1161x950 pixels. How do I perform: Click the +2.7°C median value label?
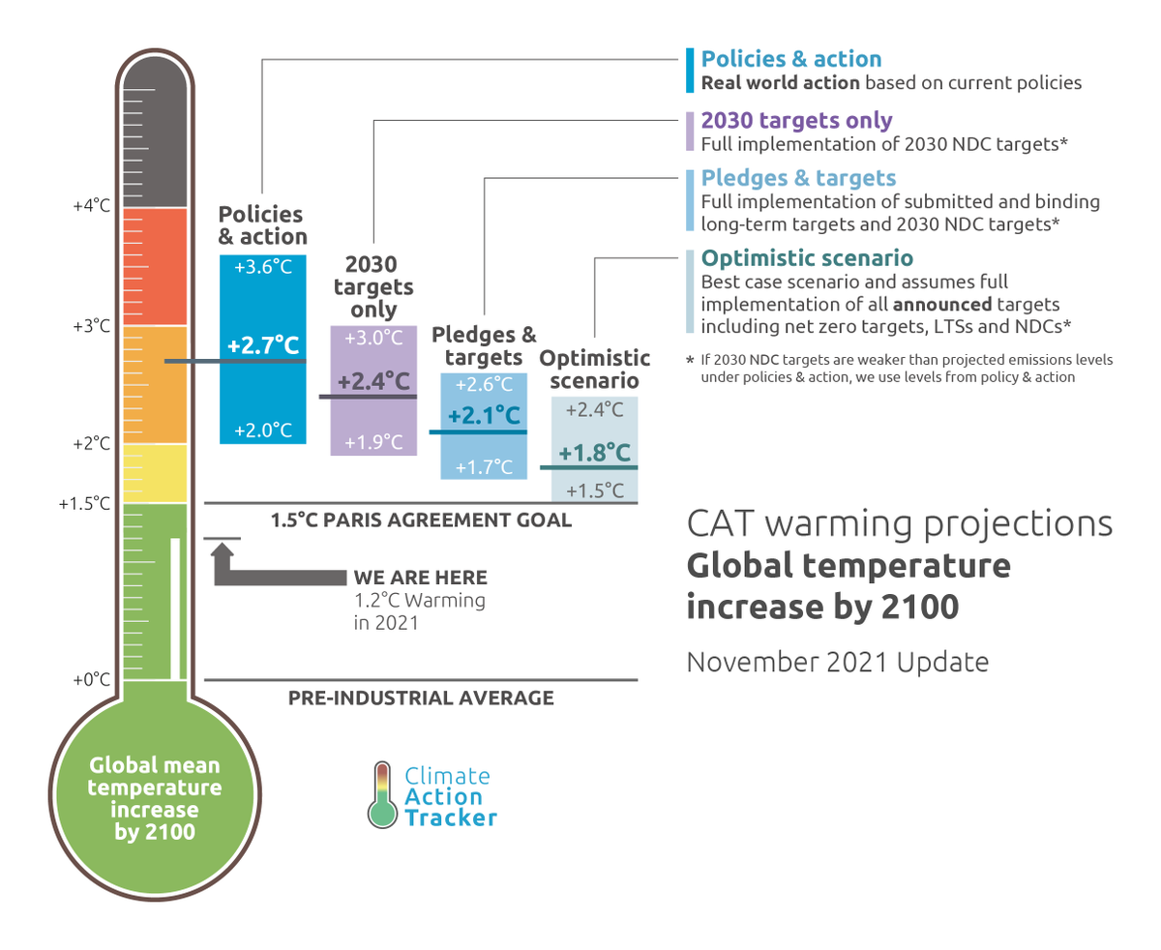[263, 344]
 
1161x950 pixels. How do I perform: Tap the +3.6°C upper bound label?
[263, 267]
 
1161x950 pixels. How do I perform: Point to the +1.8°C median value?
[594, 453]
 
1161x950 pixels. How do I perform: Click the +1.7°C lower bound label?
[484, 467]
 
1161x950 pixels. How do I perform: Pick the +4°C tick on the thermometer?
[92, 206]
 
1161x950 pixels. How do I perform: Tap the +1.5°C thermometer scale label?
[85, 503]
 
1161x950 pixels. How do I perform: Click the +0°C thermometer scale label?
[92, 680]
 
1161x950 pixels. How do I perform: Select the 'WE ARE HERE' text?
[420, 579]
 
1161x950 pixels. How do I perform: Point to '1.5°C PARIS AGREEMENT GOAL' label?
[421, 520]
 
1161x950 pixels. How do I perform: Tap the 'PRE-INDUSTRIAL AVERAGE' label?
[421, 698]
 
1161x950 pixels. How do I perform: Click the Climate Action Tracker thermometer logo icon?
[383, 795]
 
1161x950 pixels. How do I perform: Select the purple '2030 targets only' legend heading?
[796, 121]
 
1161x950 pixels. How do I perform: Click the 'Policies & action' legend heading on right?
[790, 59]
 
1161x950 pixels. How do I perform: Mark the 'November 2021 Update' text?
[838, 663]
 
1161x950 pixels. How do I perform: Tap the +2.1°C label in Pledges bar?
[484, 417]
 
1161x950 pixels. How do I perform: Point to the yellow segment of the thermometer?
[155, 472]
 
